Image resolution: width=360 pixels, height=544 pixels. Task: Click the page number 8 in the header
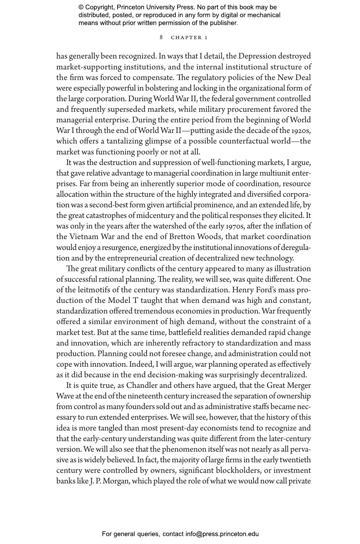pos(161,37)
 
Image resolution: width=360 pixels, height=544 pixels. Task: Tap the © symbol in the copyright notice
pos(81,7)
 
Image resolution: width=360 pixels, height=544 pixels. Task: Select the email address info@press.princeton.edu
pos(222,534)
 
